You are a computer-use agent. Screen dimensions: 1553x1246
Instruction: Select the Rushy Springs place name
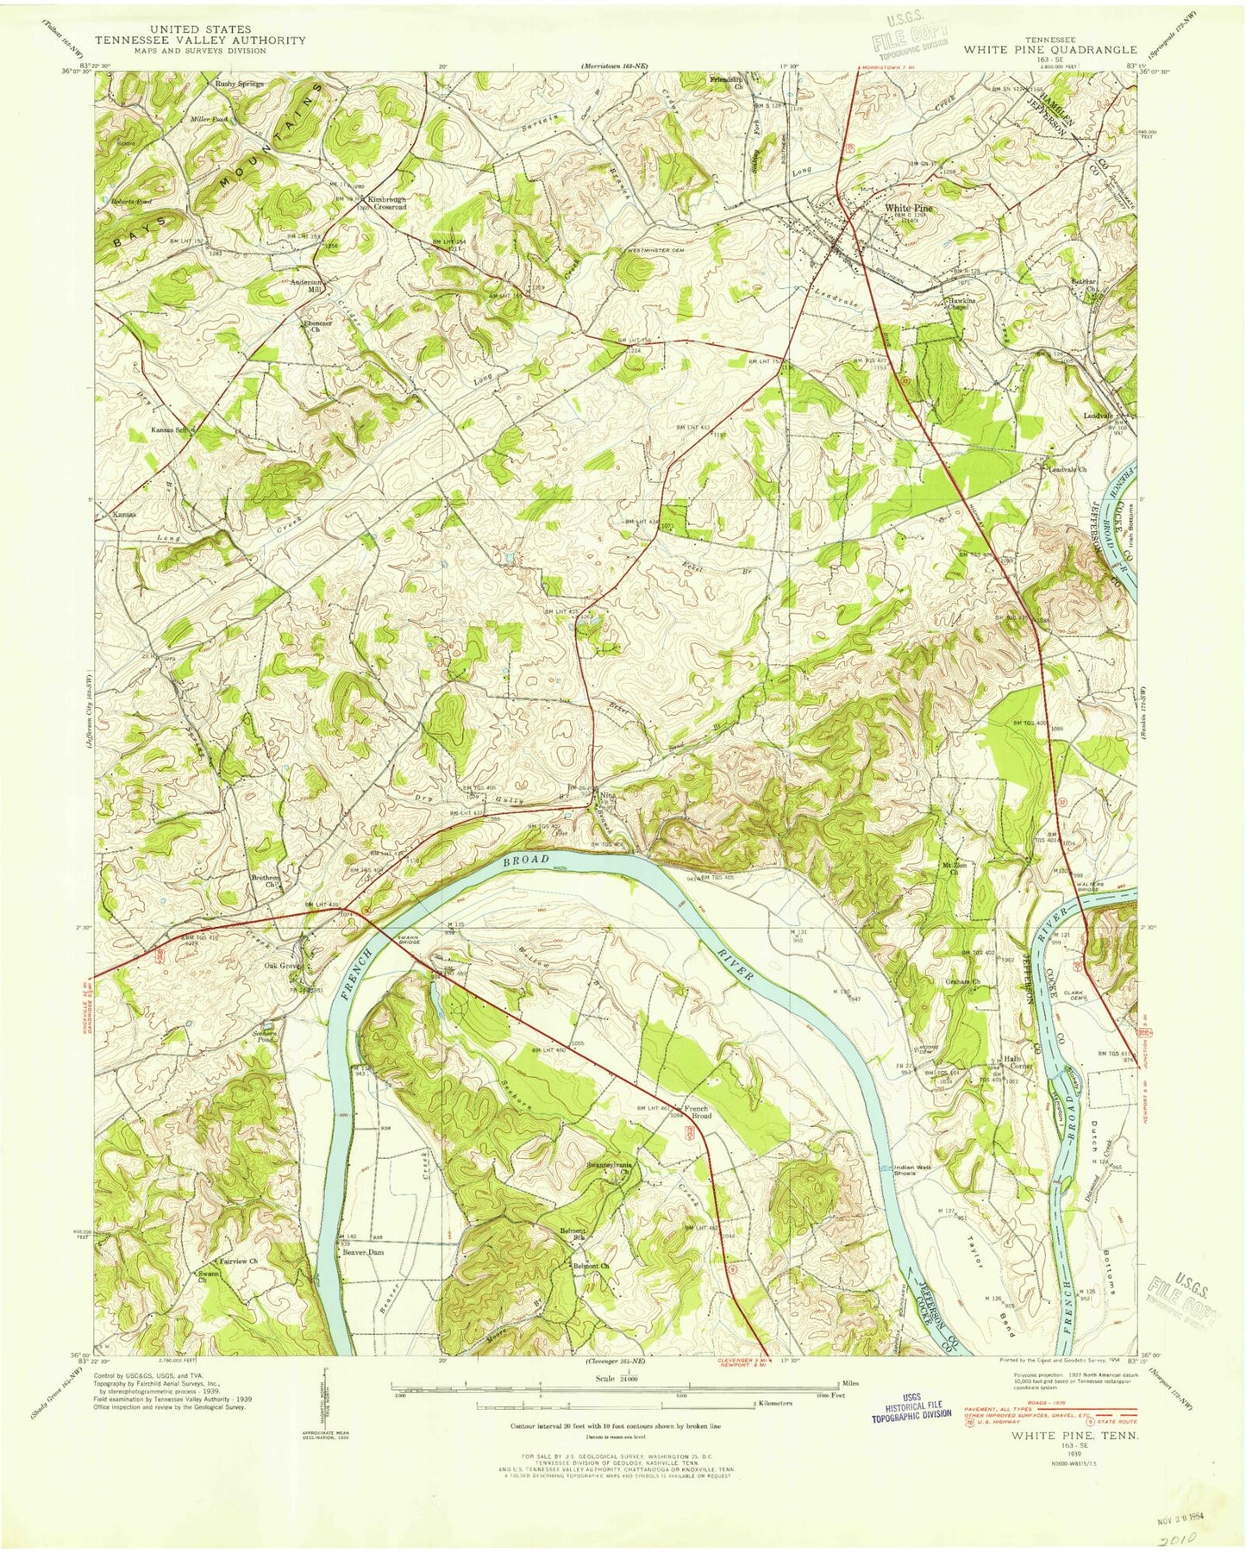(x=239, y=84)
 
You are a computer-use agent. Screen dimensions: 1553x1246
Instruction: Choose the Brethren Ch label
(x=266, y=880)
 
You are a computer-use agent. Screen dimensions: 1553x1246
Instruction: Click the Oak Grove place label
(x=280, y=967)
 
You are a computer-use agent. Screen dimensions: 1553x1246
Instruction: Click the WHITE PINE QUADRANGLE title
(x=1049, y=50)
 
